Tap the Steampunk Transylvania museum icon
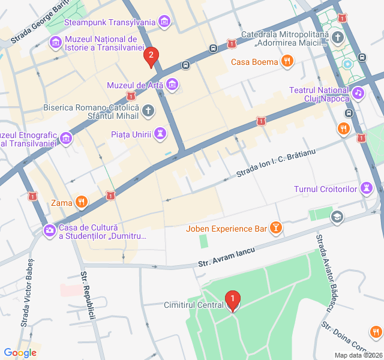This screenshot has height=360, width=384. click(164, 23)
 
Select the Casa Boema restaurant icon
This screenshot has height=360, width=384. click(288, 61)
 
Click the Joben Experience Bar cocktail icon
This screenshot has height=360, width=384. click(276, 228)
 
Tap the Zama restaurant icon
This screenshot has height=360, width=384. click(82, 202)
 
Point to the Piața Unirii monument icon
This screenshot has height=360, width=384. click(160, 133)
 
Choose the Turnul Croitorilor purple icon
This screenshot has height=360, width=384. click(366, 189)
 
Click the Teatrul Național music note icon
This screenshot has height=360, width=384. click(358, 93)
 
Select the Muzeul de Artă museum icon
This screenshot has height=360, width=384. click(173, 85)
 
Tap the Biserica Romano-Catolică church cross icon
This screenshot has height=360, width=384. click(148, 110)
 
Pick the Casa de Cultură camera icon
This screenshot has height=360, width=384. click(49, 230)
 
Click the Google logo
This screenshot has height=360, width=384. click(20, 353)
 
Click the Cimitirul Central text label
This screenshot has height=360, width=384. click(194, 305)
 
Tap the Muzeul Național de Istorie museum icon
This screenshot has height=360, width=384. click(56, 42)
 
